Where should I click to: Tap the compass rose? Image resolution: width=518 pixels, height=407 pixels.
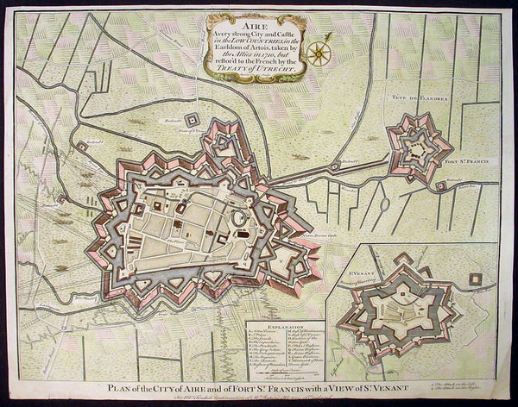[x=319, y=53]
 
